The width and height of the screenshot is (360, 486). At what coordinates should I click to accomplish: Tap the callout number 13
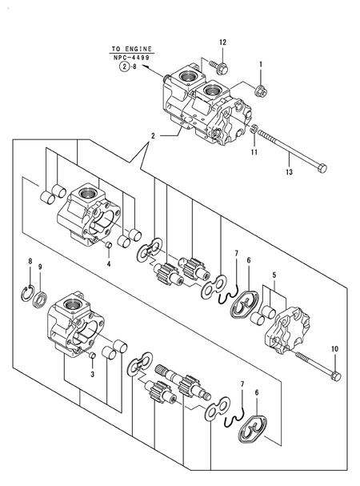[289, 171]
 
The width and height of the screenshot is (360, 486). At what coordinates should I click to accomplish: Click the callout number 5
[274, 275]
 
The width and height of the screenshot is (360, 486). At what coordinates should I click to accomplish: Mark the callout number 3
[93, 374]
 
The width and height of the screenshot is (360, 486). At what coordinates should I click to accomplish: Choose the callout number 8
[30, 263]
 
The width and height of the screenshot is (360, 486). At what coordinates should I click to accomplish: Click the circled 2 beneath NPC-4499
[124, 68]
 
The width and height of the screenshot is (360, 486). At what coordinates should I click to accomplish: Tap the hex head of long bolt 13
[322, 167]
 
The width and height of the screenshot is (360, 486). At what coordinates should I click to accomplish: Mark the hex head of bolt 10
[335, 372]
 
